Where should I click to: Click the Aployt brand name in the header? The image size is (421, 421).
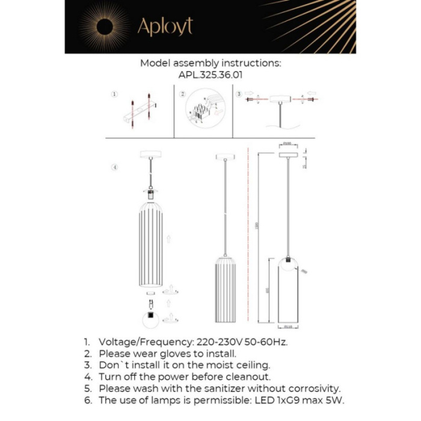[165, 27]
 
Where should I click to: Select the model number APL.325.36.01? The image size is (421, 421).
[210, 76]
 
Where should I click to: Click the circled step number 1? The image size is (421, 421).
[114, 94]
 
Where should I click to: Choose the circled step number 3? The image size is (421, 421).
[239, 94]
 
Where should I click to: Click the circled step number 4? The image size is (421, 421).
[114, 167]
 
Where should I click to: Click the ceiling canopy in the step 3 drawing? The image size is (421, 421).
[279, 99]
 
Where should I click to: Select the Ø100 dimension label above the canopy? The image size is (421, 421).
[287, 144]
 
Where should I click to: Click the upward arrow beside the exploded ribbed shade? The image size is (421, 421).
[170, 238]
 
